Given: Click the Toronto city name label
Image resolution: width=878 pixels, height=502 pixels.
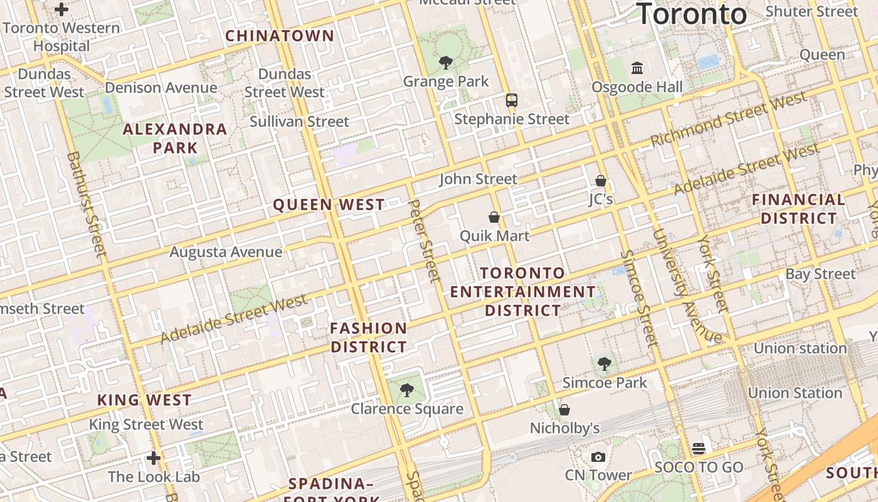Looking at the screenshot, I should pyautogui.click(x=692, y=14).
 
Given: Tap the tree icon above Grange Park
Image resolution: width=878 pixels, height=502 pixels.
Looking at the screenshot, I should pyautogui.click(x=446, y=62).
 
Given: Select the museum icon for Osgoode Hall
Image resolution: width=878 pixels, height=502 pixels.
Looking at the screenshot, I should pyautogui.click(x=637, y=68).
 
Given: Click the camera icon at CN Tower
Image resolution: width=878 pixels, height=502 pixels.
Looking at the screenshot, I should pyautogui.click(x=598, y=457).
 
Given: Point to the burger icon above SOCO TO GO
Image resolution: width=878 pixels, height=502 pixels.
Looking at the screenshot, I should pyautogui.click(x=699, y=448).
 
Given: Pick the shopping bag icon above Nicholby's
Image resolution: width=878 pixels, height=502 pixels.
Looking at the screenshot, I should pyautogui.click(x=564, y=410).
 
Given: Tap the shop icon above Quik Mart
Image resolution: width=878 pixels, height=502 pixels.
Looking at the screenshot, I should pyautogui.click(x=494, y=217).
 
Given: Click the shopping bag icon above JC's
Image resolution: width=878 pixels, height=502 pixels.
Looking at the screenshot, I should pyautogui.click(x=600, y=181).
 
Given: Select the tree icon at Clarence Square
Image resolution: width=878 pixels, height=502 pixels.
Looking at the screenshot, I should pyautogui.click(x=406, y=390).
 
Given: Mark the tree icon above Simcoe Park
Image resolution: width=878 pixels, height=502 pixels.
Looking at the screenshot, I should pyautogui.click(x=605, y=363).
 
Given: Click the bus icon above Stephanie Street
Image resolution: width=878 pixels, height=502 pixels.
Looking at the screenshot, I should pyautogui.click(x=512, y=100).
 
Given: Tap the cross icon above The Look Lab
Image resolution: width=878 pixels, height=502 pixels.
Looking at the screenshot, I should pyautogui.click(x=154, y=458).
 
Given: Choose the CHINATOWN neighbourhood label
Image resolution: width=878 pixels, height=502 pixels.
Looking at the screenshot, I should pyautogui.click(x=280, y=36).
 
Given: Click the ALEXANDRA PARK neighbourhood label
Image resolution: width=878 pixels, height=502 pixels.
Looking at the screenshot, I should pyautogui.click(x=175, y=139).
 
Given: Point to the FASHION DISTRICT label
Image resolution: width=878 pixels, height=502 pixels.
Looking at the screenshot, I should pyautogui.click(x=369, y=338).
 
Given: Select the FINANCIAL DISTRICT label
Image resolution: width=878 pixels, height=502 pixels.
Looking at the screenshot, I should pyautogui.click(x=798, y=209).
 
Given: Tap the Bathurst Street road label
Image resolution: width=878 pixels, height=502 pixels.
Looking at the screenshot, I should pyautogui.click(x=86, y=204).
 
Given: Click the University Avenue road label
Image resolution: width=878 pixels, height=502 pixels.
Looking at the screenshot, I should pyautogui.click(x=687, y=286).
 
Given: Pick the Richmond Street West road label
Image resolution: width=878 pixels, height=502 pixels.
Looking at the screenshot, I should pyautogui.click(x=728, y=119).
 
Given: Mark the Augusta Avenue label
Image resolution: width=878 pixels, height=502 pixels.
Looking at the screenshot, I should pyautogui.click(x=226, y=252).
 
